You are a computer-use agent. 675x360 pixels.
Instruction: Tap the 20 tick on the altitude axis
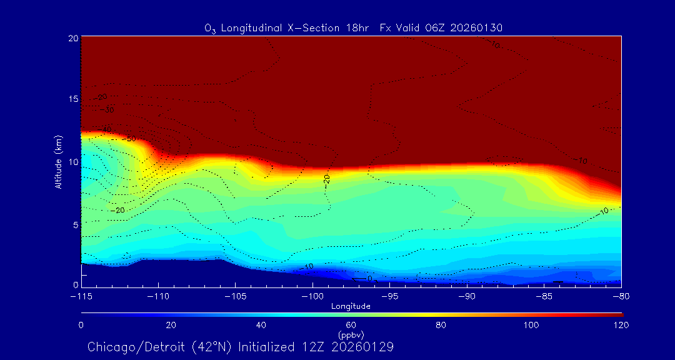click(x=73, y=38)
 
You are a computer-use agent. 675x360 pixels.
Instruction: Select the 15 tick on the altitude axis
click(x=73, y=100)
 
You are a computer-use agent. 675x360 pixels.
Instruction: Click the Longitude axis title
click(x=351, y=306)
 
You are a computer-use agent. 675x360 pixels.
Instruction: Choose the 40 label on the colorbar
click(x=261, y=325)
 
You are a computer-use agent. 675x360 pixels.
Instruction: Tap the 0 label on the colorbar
click(x=81, y=325)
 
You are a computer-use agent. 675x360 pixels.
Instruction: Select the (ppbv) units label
click(x=351, y=335)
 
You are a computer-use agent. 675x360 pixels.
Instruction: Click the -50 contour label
click(x=129, y=138)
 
